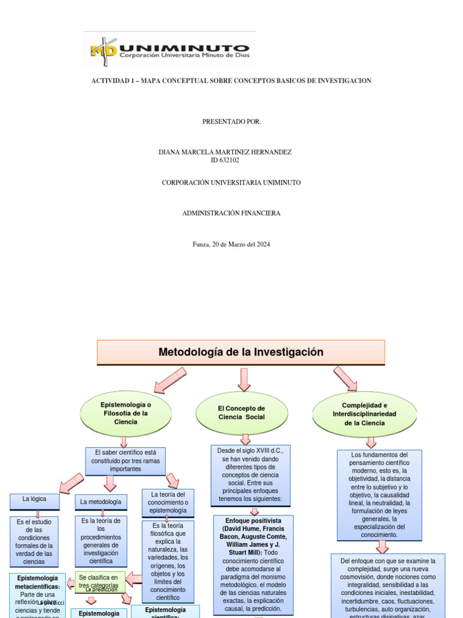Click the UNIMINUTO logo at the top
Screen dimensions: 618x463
tap(169, 49)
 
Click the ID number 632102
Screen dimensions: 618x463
tap(225, 161)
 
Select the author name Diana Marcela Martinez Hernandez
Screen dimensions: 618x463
tap(225, 152)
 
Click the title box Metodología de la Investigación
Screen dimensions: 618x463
tap(241, 352)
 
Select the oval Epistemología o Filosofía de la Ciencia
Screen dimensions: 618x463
tap(123, 413)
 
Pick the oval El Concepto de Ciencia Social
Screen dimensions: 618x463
tap(241, 413)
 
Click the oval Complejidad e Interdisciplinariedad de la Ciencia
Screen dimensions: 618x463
tap(364, 414)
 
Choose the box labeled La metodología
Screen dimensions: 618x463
tap(101, 502)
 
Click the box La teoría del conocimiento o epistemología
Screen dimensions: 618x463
tap(168, 503)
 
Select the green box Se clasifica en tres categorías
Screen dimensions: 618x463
tap(100, 582)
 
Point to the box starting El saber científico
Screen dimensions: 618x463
tap(126, 460)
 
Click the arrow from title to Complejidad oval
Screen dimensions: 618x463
tap(346, 378)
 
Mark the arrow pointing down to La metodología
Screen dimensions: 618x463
tap(110, 482)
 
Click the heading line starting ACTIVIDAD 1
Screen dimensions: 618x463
tap(231, 81)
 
